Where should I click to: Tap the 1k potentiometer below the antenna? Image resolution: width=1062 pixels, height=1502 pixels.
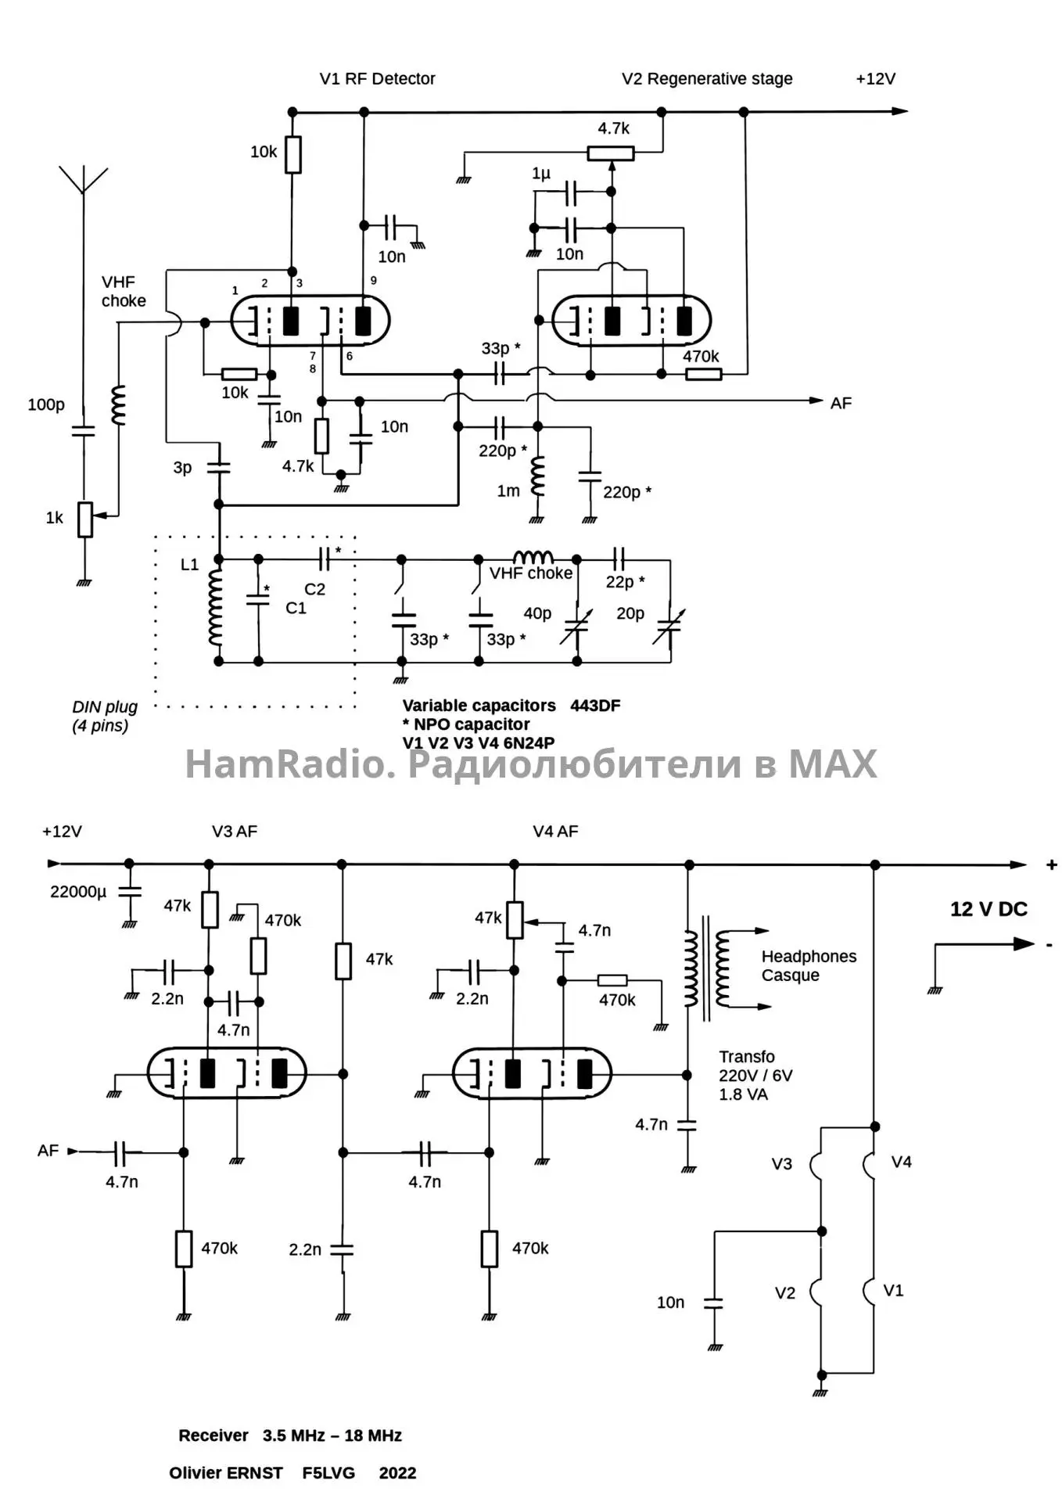(85, 519)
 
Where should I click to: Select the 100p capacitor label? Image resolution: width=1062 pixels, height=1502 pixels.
(46, 404)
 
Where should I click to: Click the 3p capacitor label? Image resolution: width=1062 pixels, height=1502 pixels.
(182, 468)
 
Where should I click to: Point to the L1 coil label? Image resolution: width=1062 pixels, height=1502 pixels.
(190, 564)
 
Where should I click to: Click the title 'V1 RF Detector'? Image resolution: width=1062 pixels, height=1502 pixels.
(377, 79)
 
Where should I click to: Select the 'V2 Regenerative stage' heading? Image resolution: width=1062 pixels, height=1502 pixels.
(707, 79)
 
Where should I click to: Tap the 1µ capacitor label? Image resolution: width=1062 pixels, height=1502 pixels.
(541, 174)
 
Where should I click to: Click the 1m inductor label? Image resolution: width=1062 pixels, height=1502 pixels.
(508, 491)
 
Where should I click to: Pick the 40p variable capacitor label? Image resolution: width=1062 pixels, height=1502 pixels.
(537, 613)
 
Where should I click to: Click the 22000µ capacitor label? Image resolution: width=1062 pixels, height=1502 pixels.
(78, 892)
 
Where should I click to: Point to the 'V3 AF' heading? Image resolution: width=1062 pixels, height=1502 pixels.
(234, 832)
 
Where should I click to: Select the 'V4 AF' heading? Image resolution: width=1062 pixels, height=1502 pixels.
(555, 832)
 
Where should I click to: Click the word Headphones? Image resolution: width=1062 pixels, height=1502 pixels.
(809, 957)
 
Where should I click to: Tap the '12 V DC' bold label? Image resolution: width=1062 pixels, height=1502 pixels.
(988, 909)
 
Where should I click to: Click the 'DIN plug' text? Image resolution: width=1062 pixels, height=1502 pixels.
(105, 707)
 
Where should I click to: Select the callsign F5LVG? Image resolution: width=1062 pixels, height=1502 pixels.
(328, 1473)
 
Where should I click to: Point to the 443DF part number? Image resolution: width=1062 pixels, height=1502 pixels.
(595, 706)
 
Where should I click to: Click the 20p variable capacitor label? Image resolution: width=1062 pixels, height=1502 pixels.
(630, 613)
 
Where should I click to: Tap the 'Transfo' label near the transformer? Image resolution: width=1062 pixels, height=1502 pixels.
(747, 1057)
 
